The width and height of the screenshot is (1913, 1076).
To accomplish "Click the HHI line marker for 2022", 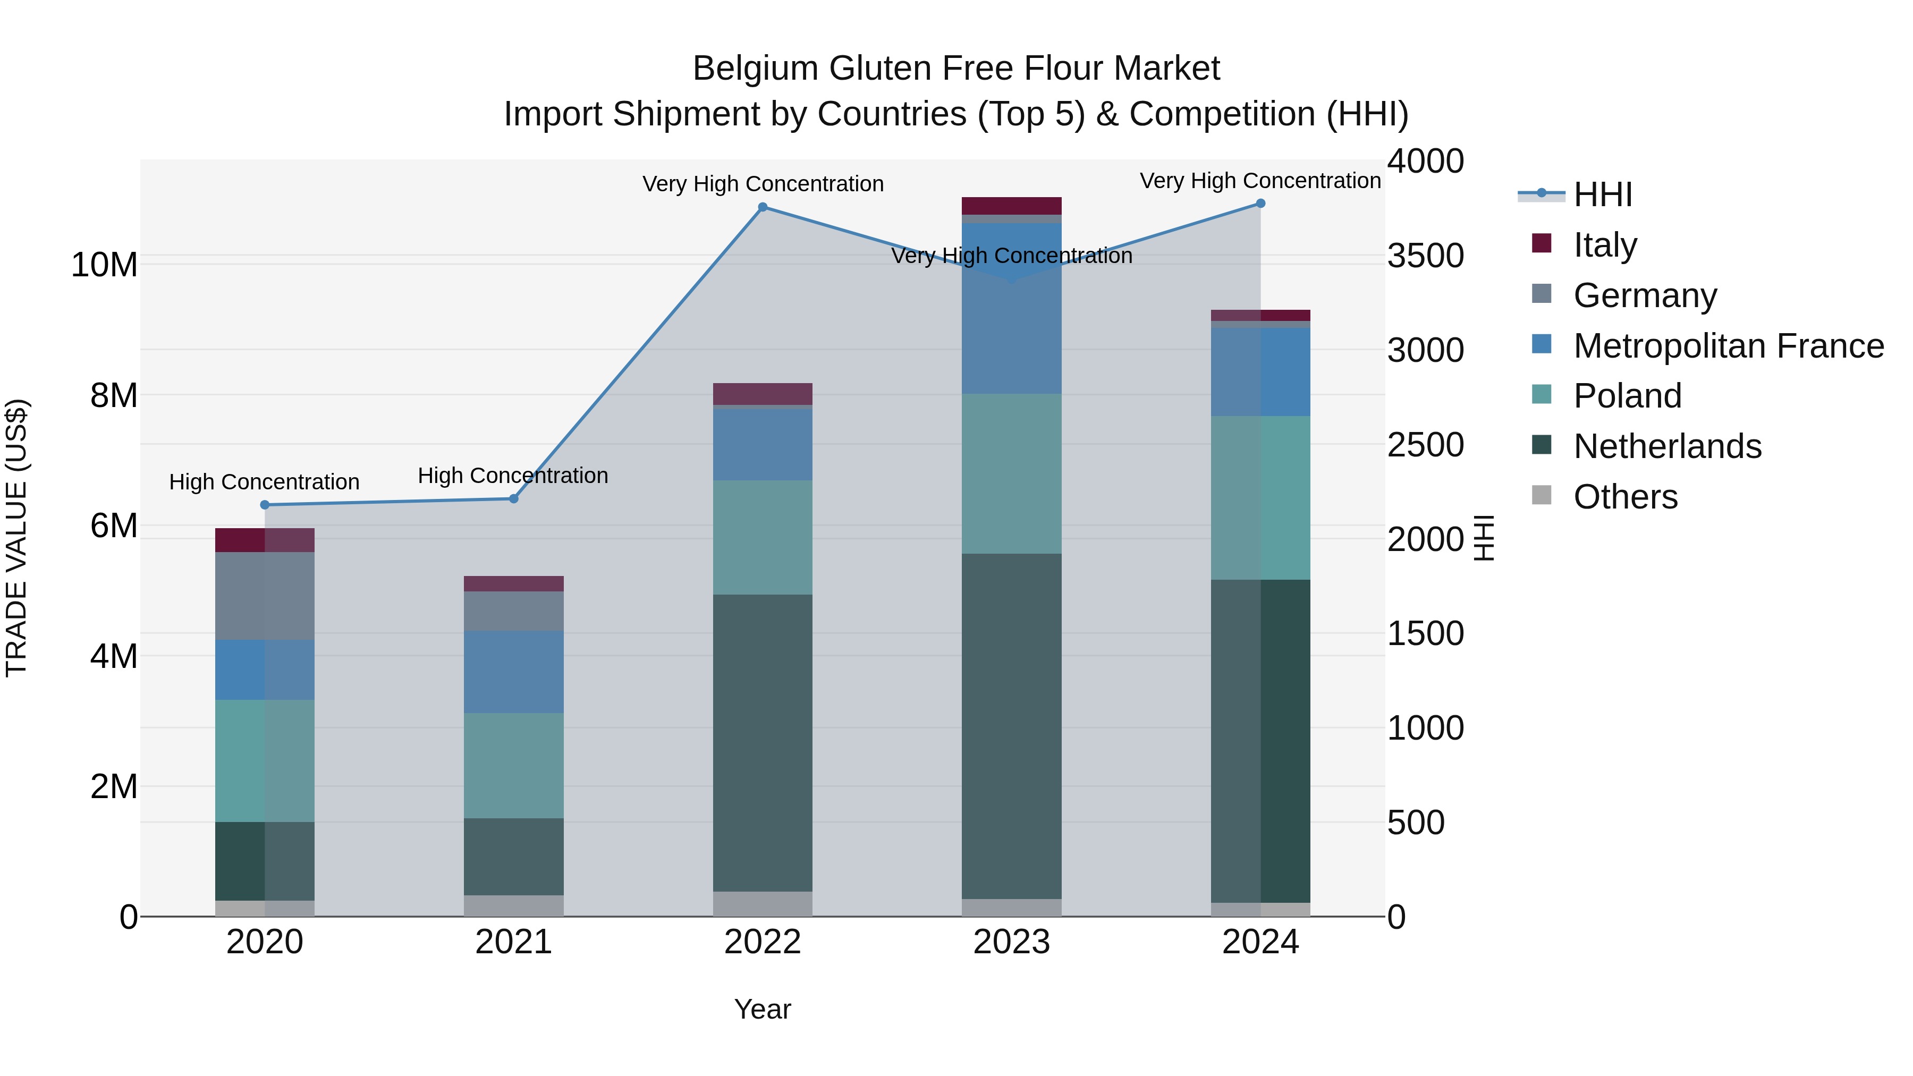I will (x=763, y=207).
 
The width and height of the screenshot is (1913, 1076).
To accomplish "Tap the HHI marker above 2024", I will (x=1260, y=204).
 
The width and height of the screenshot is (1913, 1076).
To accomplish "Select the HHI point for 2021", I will (x=513, y=499).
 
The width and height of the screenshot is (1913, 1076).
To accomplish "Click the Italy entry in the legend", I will (x=1604, y=245).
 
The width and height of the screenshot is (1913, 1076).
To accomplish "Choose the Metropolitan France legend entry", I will (x=1728, y=346).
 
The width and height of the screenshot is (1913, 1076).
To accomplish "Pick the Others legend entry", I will (x=1625, y=497).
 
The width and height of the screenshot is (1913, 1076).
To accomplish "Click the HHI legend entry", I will (x=1603, y=194).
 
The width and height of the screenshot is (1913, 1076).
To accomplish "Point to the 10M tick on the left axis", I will (x=104, y=265).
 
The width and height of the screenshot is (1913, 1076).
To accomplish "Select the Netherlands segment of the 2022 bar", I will (x=763, y=743).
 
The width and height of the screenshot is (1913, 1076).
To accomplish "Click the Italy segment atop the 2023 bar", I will (x=1011, y=206).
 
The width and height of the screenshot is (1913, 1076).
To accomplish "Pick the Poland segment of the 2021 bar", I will (x=513, y=766).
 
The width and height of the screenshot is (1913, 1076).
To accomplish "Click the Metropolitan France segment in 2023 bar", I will (x=1011, y=308).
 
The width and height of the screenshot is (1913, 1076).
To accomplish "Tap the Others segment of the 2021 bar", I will (x=513, y=905).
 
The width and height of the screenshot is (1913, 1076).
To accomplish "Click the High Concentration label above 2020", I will (x=265, y=482).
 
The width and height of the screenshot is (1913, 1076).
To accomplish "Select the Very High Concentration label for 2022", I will (x=763, y=184).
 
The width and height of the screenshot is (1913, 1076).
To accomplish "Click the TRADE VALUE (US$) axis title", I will (x=16, y=538).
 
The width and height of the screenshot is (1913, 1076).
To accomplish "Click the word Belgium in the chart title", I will (x=756, y=69).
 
